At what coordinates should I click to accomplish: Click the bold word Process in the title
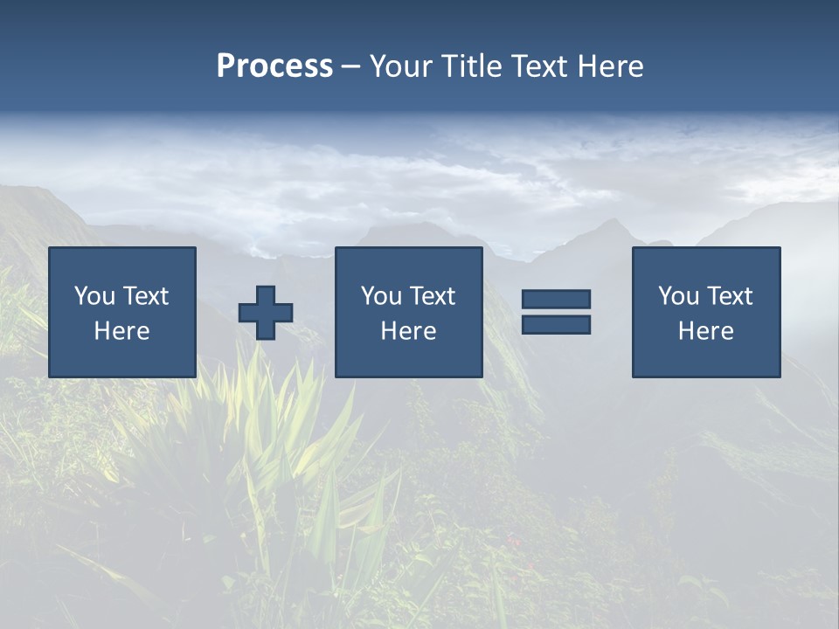click(x=274, y=66)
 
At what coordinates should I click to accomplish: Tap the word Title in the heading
click(x=472, y=66)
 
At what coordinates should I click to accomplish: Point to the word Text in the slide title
click(x=541, y=66)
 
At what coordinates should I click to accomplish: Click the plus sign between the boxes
click(x=266, y=312)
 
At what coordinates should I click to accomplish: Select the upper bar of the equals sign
click(x=557, y=299)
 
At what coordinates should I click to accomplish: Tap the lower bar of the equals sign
click(x=557, y=324)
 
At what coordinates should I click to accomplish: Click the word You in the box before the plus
click(x=94, y=296)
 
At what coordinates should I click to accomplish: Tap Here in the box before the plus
click(x=122, y=331)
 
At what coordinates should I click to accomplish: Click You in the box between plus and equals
click(x=380, y=296)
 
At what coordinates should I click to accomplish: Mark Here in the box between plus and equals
click(x=409, y=331)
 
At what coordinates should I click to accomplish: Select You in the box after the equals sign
click(x=677, y=296)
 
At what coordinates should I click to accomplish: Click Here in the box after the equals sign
click(x=706, y=331)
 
